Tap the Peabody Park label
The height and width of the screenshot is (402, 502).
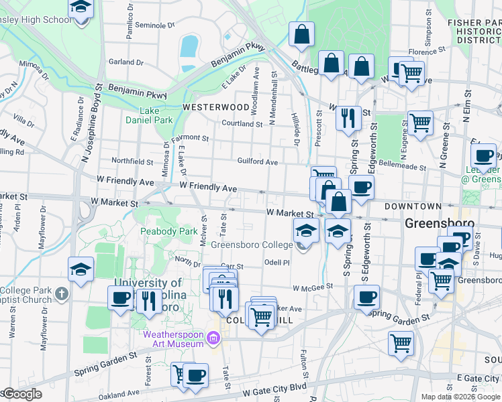[168, 231]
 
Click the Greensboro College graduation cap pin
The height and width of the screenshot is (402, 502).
[306, 232]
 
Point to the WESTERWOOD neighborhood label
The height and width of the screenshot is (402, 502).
[216, 107]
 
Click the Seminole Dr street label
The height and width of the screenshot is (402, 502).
[154, 25]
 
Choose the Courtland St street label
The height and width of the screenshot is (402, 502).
[242, 124]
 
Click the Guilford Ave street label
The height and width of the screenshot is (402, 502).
[257, 161]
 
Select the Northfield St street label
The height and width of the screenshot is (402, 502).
[132, 161]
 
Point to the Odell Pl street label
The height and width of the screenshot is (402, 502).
[277, 263]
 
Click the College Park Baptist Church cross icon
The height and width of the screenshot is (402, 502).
[61, 293]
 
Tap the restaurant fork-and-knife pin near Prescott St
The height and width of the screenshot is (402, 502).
[348, 119]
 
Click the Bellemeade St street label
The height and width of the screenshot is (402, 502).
[403, 165]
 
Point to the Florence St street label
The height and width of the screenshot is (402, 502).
[423, 52]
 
